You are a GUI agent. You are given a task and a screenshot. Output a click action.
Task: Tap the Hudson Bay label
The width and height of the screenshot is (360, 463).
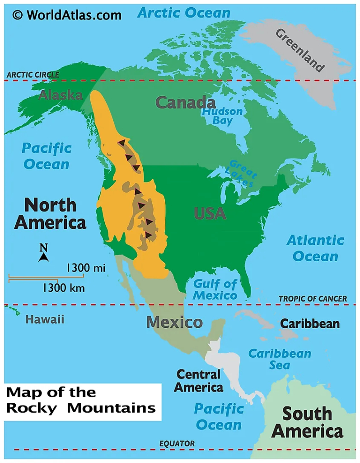coord(222,116)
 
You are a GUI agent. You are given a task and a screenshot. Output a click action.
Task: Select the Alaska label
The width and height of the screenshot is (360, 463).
coord(61,95)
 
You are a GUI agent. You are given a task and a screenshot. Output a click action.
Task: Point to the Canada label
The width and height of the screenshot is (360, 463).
coord(185,103)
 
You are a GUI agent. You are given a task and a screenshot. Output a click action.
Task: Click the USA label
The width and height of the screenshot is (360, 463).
coord(210,213)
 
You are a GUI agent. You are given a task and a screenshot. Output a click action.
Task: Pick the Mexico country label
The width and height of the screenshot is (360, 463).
coord(174,322)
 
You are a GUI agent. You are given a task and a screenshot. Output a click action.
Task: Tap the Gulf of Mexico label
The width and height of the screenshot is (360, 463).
coord(215,290)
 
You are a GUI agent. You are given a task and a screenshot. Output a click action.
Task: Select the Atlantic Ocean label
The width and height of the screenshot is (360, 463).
coord(315,248)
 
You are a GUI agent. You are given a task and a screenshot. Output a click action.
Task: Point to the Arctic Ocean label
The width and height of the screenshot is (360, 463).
coord(184,13)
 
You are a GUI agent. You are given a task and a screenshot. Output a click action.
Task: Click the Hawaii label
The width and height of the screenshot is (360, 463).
coord(45,320)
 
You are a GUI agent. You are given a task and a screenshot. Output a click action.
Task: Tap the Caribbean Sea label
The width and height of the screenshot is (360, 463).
coord(280,359)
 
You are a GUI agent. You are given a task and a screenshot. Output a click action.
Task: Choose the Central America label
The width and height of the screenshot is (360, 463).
coord(199,381)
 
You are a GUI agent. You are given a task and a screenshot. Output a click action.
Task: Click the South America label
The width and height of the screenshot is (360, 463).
coord(307,422)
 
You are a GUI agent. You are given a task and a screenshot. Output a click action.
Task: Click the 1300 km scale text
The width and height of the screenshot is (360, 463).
coord(64,288)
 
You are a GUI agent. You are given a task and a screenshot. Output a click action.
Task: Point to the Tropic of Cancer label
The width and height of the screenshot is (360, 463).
coord(313,298)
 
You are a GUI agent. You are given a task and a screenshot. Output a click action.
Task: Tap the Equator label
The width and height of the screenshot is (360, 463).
coord(177,444)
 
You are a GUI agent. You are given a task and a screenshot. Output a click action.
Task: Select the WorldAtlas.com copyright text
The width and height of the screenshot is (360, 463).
coord(67,15)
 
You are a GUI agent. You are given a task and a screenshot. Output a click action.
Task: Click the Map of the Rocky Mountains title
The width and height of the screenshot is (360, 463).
coord(81,400)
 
